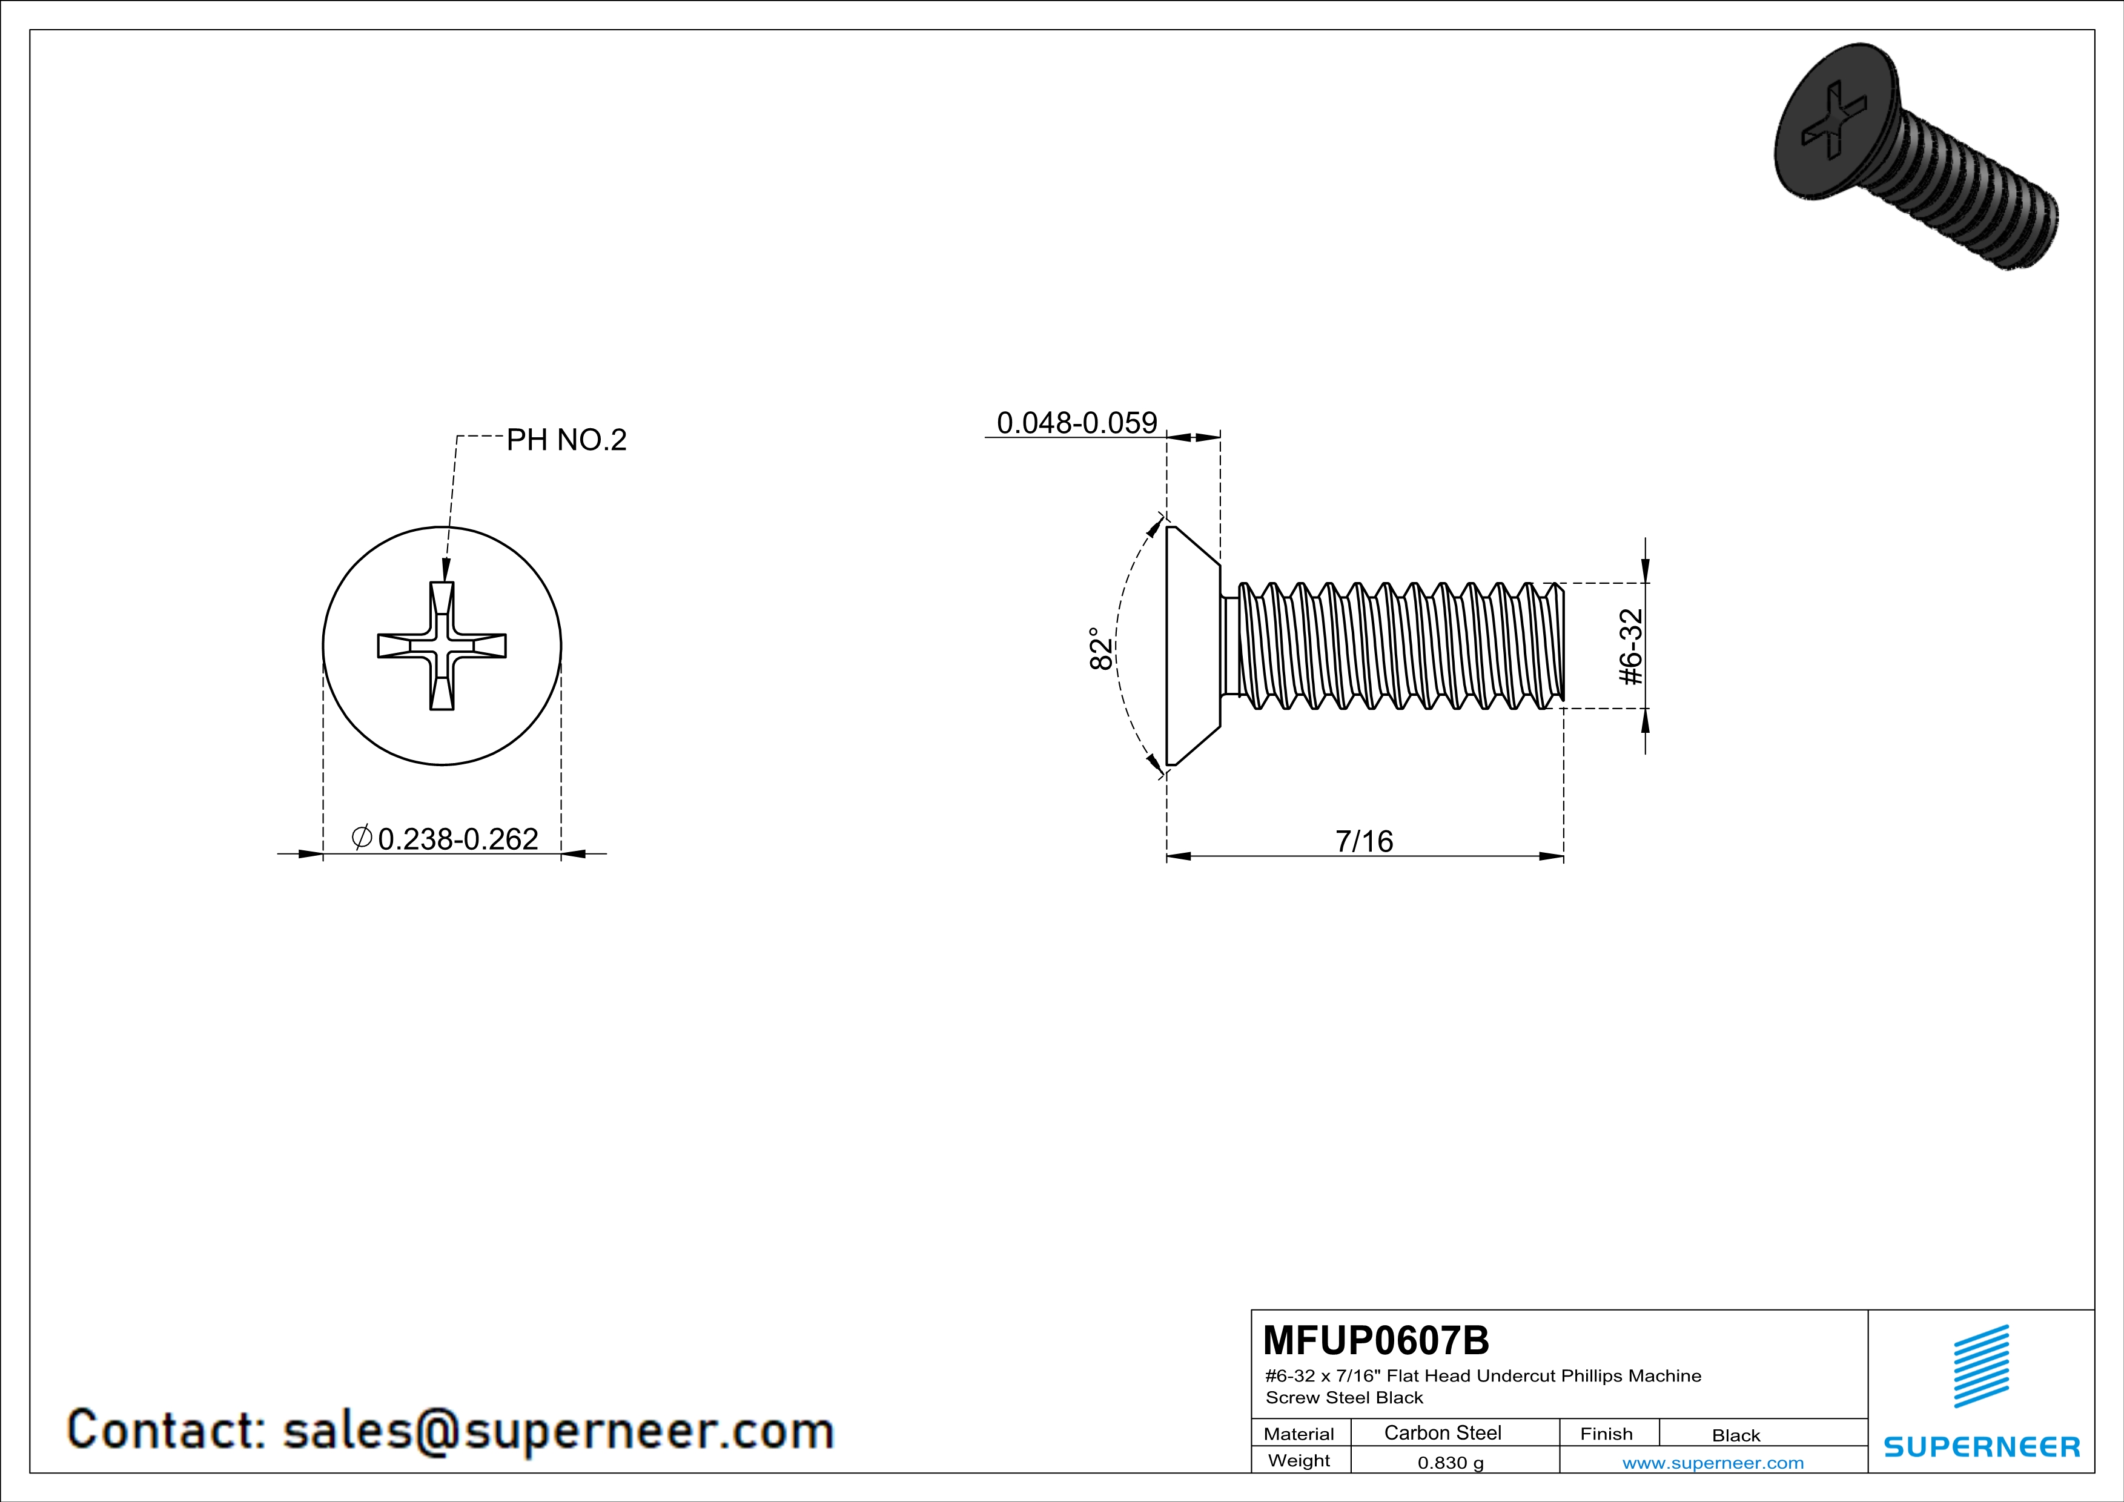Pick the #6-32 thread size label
[1632, 646]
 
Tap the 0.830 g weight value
[1451, 1462]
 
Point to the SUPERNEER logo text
[1982, 1446]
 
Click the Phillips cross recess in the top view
[442, 646]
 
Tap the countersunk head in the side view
[1193, 646]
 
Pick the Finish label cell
[1606, 1434]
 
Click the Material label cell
[1299, 1434]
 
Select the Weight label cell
[1299, 1460]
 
